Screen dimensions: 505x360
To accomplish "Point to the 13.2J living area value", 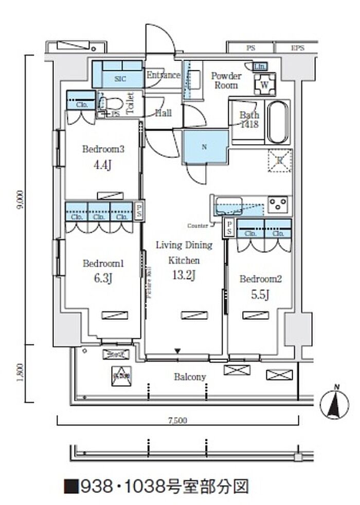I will tap(184, 276).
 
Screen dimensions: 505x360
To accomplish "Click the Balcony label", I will tap(190, 377).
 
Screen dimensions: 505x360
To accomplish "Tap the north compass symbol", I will tap(335, 402).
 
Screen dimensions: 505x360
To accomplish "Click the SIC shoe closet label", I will tap(119, 79).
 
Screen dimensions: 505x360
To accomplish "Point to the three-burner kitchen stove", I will tap(280, 204).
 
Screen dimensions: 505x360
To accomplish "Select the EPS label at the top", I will tap(297, 48).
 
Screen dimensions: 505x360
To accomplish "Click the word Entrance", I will tap(163, 75).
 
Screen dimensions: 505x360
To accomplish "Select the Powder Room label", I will tap(226, 80).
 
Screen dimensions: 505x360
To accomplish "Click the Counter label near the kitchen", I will tap(197, 226).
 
